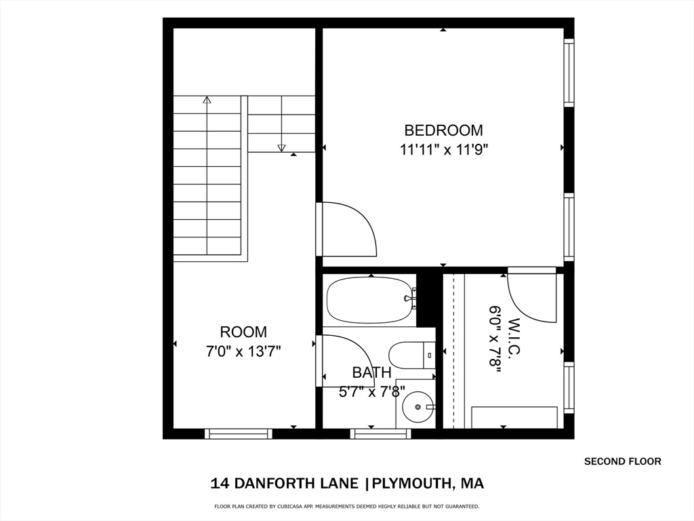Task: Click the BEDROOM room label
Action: tap(443, 130)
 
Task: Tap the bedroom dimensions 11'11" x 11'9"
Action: tap(444, 150)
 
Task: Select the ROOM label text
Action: tap(243, 332)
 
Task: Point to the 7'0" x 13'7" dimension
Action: tap(243, 352)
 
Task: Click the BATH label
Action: tap(372, 372)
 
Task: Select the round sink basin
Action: tap(417, 406)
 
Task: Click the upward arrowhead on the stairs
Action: tap(207, 100)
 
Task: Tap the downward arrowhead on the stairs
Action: tap(281, 148)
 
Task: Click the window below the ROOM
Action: tap(239, 433)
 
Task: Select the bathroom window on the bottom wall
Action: tap(381, 433)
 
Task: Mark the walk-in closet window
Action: tap(569, 387)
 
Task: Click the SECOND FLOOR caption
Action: tap(623, 461)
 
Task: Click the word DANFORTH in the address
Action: tap(295, 483)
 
